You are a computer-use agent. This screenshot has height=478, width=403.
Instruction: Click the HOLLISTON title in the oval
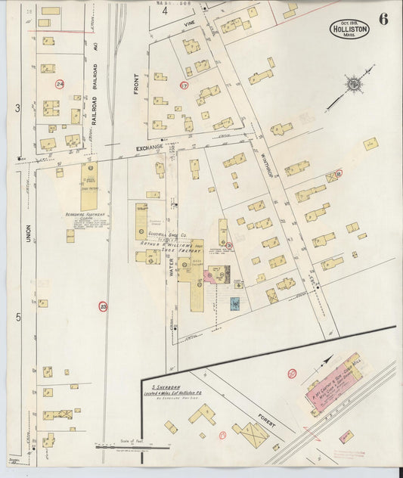pos(349,29)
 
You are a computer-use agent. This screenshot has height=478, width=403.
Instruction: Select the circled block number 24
pos(60,84)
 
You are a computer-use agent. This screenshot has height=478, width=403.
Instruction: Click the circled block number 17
pos(184,85)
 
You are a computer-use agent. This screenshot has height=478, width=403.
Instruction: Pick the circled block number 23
pos(103,306)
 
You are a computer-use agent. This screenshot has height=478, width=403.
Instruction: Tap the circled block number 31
pos(229,245)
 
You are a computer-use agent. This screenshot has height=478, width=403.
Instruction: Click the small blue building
pos(234,304)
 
